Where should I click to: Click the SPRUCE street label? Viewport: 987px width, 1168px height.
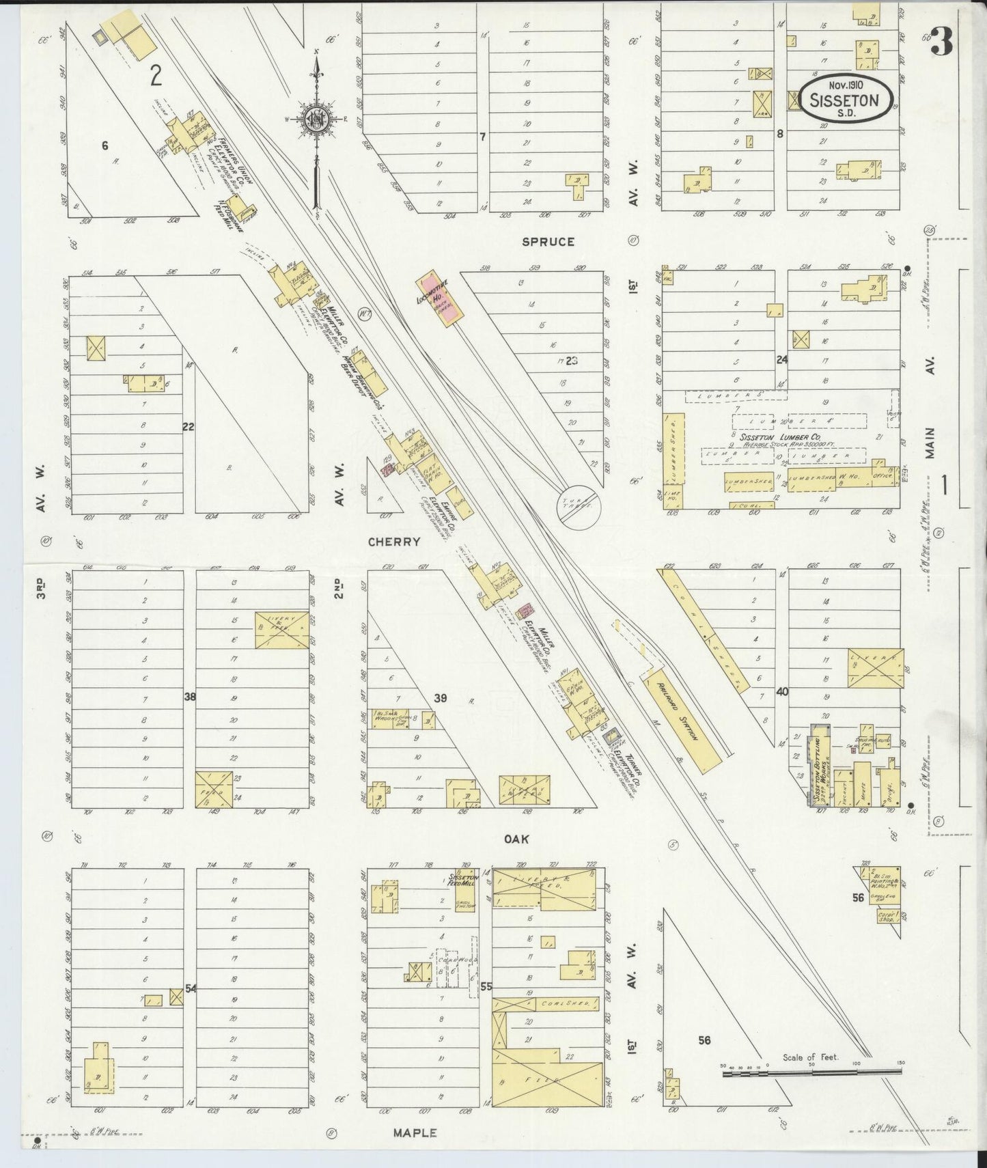click(548, 242)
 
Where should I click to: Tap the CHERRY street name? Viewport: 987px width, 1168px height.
click(393, 542)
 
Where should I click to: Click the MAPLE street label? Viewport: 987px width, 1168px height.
click(415, 1132)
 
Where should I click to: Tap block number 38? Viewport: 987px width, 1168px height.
click(190, 697)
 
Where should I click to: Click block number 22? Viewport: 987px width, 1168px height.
click(189, 427)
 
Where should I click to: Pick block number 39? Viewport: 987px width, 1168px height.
click(441, 697)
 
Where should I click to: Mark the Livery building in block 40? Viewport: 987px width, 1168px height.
click(875, 667)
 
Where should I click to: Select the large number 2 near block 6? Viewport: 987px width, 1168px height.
click(156, 77)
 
